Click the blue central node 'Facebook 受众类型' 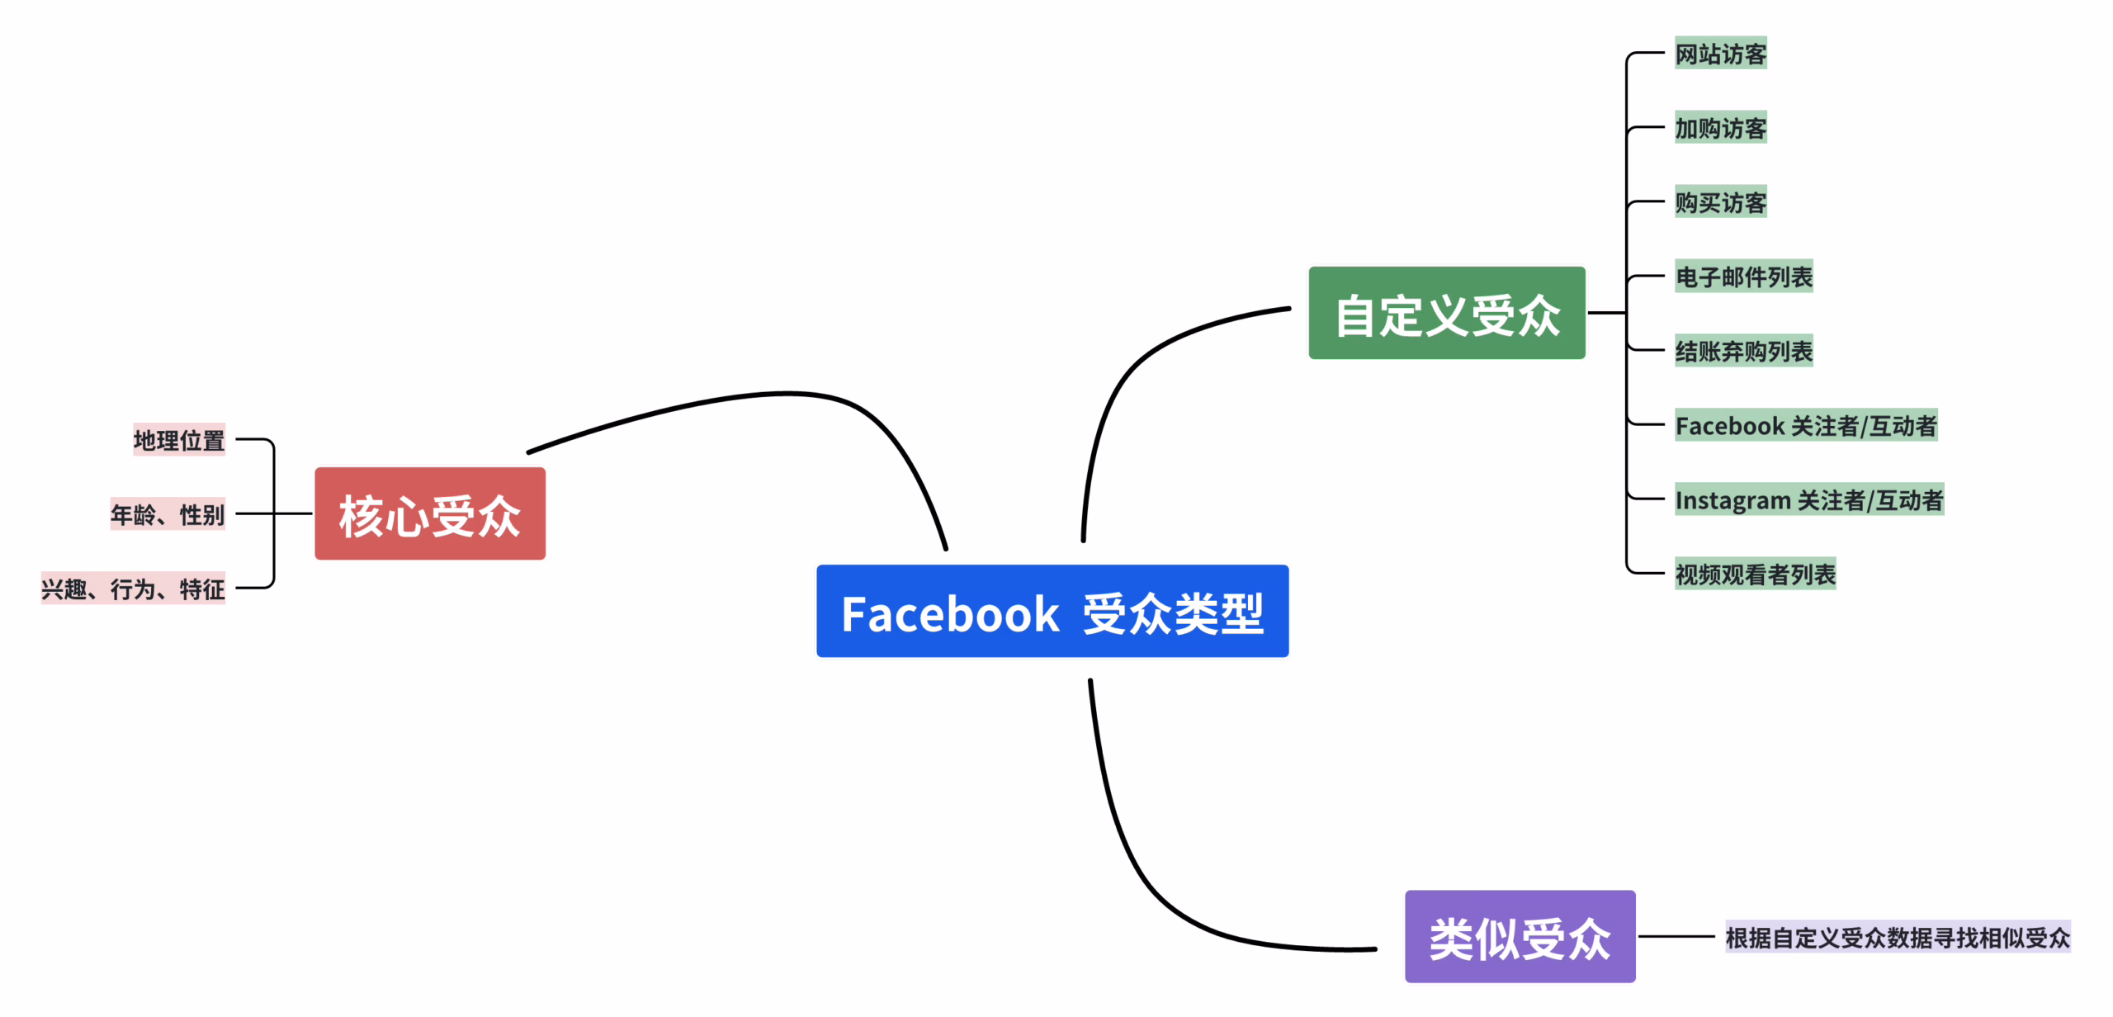(x=1052, y=612)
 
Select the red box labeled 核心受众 (x=429, y=513)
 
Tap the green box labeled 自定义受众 (x=1446, y=313)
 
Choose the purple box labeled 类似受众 (x=1520, y=936)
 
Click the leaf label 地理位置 (x=179, y=440)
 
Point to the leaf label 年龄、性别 (x=168, y=514)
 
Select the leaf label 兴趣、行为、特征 (x=133, y=589)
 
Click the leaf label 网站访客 (x=1720, y=54)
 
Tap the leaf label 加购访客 (x=1720, y=128)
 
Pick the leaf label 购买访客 (x=1720, y=202)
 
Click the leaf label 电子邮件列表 (x=1743, y=277)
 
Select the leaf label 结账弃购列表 (x=1743, y=351)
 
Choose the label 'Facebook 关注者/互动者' (x=1805, y=425)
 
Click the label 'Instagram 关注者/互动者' (x=1808, y=499)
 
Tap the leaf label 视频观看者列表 (x=1755, y=574)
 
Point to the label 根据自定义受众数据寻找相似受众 (x=1897, y=937)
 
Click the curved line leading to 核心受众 (x=784, y=394)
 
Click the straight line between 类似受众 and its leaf (x=1676, y=936)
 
